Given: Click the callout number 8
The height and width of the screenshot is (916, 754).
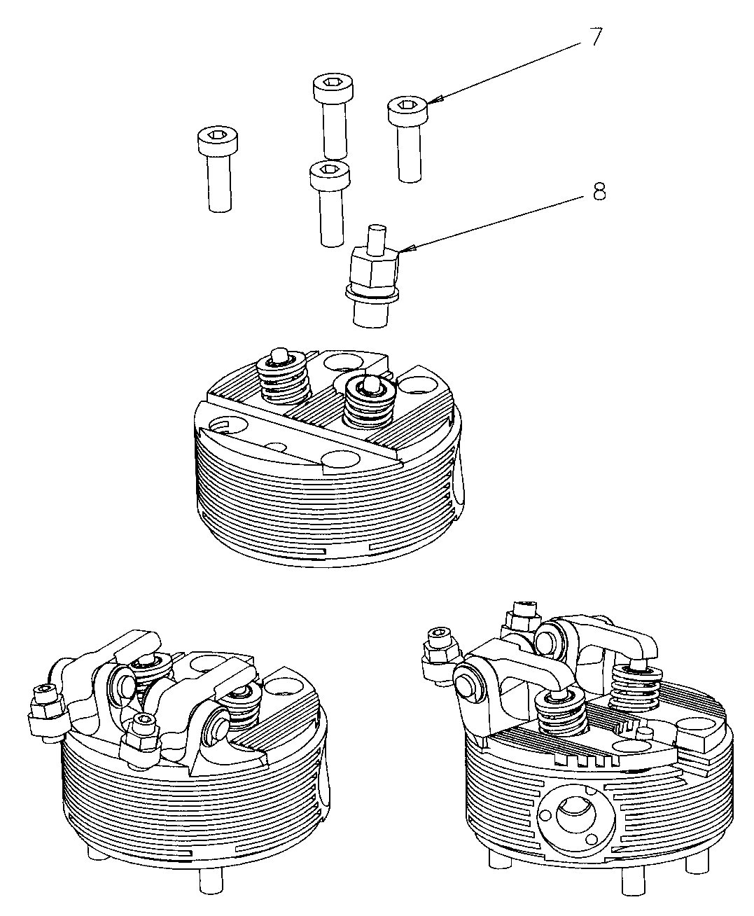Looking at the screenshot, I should [x=599, y=191].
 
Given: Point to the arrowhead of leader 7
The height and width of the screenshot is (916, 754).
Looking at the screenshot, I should [x=429, y=104].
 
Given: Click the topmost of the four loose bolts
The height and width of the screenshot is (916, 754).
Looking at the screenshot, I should [x=333, y=116].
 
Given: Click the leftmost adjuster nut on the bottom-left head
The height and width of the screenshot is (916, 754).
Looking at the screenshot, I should [x=44, y=711].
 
